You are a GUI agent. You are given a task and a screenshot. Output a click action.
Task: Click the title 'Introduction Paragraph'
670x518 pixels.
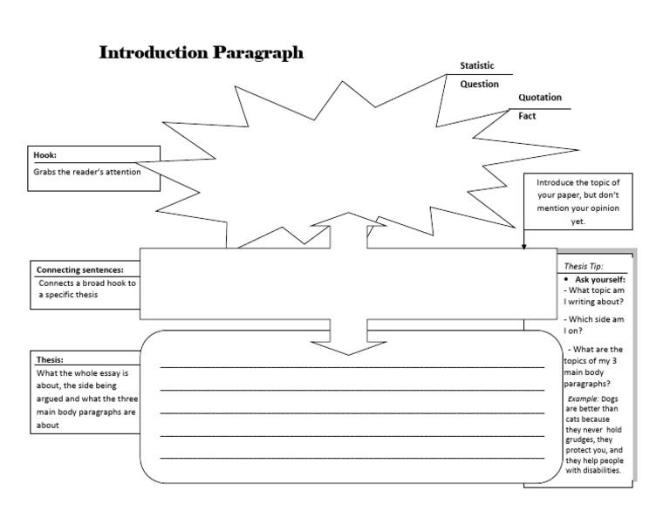pos(202,52)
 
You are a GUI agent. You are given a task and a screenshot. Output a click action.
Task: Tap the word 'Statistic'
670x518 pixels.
pos(477,66)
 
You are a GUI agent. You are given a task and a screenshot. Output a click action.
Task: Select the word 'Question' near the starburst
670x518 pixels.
pos(480,85)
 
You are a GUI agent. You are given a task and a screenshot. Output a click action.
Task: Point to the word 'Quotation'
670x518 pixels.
pos(540,98)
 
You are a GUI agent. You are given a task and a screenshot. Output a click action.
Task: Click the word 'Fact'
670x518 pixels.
pos(527,116)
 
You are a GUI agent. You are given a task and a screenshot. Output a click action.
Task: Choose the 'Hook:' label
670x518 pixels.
pos(45,154)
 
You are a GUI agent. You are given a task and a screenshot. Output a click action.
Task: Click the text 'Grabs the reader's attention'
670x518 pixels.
pos(86,172)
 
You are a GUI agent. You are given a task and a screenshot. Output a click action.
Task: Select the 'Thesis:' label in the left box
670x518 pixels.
pos(51,359)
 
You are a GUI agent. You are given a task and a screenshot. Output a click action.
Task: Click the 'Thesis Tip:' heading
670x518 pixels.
pos(584,266)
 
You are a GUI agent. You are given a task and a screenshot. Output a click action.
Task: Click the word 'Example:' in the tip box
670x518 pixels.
pos(584,398)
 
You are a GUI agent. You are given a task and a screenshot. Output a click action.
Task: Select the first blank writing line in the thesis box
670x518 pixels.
pos(352,366)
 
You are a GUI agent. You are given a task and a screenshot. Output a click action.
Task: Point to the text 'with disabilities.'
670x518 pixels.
pos(593,470)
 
